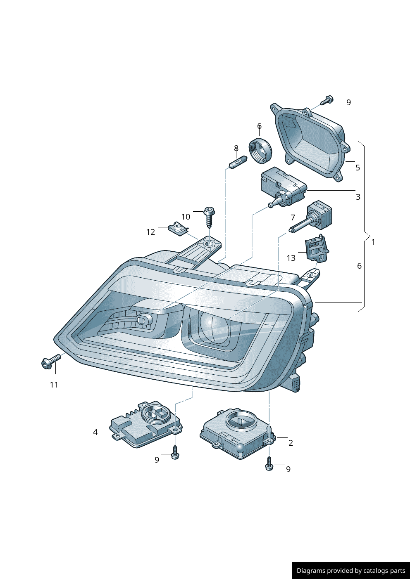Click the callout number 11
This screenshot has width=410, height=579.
coord(54,385)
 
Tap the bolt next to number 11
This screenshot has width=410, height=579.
coord(50,362)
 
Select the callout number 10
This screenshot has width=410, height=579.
coord(186,217)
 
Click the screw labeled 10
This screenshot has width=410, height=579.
coord(210,217)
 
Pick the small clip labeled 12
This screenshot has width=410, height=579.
coord(179,229)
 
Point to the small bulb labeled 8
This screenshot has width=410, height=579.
coord(238,162)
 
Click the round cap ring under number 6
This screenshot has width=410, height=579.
coord(260,151)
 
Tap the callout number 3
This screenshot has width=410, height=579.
coord(358,197)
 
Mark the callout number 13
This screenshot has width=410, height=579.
coord(291,258)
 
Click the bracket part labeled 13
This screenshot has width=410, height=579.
coord(317,250)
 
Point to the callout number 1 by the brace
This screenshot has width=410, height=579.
coord(373,242)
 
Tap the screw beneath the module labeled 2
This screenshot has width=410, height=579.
coord(269,464)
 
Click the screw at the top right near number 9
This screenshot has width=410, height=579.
coord(327,100)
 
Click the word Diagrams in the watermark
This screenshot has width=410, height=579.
coord(310,571)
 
